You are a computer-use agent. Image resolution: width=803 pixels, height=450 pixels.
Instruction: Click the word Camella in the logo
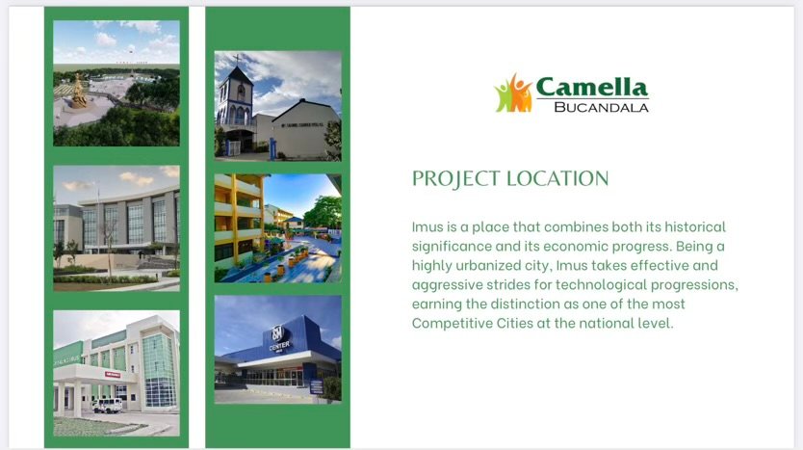tap(592, 87)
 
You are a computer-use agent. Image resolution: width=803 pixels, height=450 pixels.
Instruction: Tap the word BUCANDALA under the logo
tap(601, 108)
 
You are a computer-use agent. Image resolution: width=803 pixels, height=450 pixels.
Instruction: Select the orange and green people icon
tap(513, 93)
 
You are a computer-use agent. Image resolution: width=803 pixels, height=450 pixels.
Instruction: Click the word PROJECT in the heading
tap(455, 179)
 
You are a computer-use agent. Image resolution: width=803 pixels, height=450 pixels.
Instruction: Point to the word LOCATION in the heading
tap(557, 178)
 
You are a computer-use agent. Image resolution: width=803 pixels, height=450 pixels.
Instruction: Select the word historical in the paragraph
tap(695, 226)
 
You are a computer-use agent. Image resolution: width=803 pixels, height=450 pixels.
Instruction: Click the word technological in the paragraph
tap(601, 285)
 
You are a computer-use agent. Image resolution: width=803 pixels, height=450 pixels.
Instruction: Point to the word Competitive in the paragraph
tap(452, 324)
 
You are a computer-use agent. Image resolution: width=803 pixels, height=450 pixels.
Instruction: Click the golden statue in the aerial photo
tap(79, 92)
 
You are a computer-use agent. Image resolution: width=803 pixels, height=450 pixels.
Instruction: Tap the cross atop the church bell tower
tap(237, 59)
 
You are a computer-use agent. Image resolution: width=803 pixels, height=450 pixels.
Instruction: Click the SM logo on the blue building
tap(278, 333)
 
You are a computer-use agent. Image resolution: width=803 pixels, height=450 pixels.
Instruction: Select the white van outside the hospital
tap(108, 406)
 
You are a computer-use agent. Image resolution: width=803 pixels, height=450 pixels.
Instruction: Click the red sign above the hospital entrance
tap(113, 375)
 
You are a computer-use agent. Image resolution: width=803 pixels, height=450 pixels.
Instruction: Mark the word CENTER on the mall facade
tap(279, 346)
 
